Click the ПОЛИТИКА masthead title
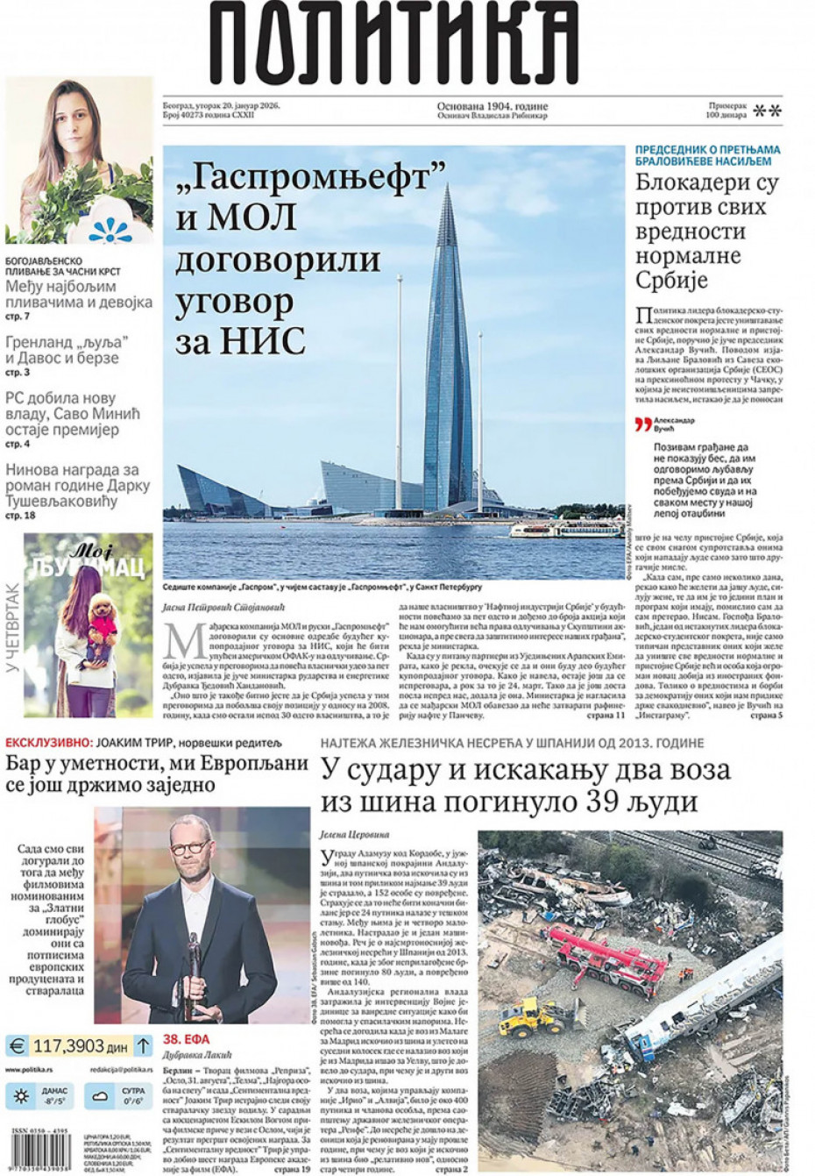[x=394, y=44]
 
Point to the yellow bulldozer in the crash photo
[x=535, y=1017]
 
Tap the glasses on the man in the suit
[x=190, y=849]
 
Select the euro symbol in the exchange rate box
[x=17, y=1045]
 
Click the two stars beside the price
[x=768, y=110]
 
